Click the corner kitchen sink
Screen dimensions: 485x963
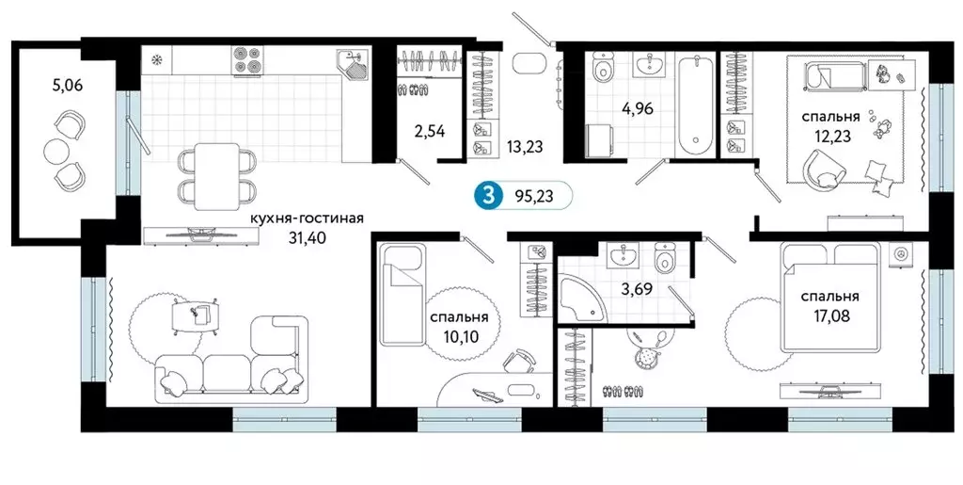(x=355, y=67)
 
